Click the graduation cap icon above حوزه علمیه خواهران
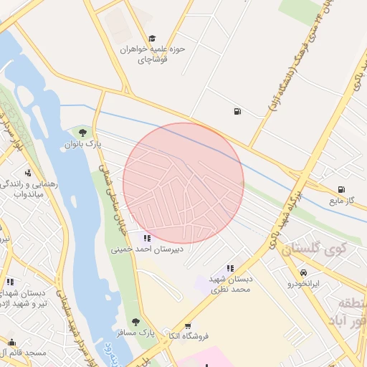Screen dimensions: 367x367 point(151,38)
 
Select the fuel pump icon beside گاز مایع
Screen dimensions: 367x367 point(341,189)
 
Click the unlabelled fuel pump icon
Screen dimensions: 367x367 point(237,111)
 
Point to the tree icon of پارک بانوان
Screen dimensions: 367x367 point(83,133)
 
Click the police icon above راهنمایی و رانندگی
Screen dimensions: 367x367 point(28,172)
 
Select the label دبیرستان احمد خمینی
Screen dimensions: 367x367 point(147,250)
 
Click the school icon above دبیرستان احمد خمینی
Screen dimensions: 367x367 point(148,238)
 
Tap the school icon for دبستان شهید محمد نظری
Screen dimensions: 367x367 point(230,267)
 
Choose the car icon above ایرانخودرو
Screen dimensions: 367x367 point(304,273)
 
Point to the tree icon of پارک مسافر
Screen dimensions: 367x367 point(135,322)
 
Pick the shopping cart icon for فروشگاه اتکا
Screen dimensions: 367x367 point(188,325)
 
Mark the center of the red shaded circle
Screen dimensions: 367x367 point(183,183)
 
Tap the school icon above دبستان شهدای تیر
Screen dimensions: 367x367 point(10,282)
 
